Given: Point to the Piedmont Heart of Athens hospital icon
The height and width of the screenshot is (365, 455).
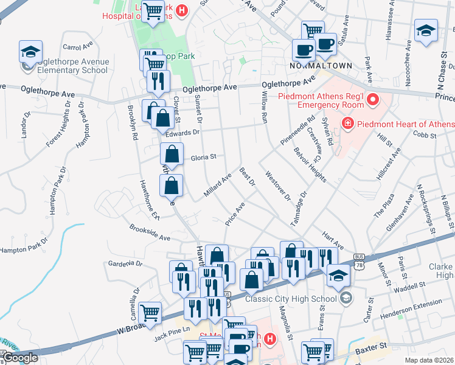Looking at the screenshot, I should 347,124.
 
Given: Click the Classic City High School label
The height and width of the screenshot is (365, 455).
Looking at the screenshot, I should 291,298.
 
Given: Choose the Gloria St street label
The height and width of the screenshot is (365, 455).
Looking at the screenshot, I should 204,157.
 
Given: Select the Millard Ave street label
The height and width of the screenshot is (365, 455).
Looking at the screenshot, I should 218,186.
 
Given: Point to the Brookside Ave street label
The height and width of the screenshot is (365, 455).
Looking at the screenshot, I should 150,232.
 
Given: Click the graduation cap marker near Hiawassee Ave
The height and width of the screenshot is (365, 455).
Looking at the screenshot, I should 426,31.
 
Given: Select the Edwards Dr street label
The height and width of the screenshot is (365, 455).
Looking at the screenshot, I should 187,132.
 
